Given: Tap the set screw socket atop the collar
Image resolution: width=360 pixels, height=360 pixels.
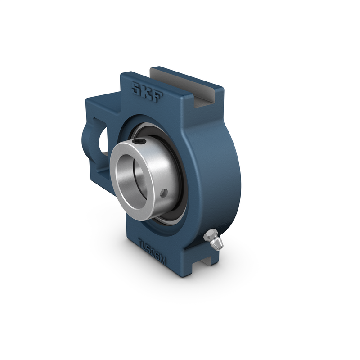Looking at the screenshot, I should click(143, 144).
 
